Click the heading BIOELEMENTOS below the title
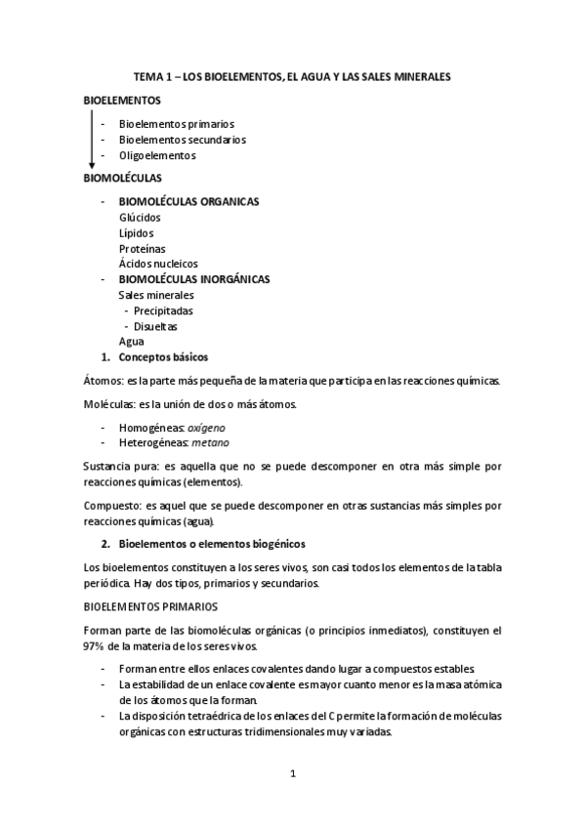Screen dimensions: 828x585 [x=122, y=100]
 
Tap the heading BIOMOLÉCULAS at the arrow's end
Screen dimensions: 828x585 [x=122, y=178]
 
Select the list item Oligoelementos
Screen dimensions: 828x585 [x=157, y=155]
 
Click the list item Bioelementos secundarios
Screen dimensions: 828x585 [x=182, y=140]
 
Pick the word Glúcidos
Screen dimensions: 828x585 [x=140, y=217]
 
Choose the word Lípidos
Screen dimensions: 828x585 [x=136, y=232]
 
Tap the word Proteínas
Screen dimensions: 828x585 [x=142, y=248]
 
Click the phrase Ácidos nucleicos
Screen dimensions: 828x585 [x=158, y=264]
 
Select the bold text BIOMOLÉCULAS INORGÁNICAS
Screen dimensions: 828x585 [x=193, y=279]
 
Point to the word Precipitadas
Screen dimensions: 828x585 [x=163, y=310]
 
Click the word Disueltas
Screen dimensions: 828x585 [x=156, y=326]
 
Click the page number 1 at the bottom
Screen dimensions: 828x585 [x=292, y=773]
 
